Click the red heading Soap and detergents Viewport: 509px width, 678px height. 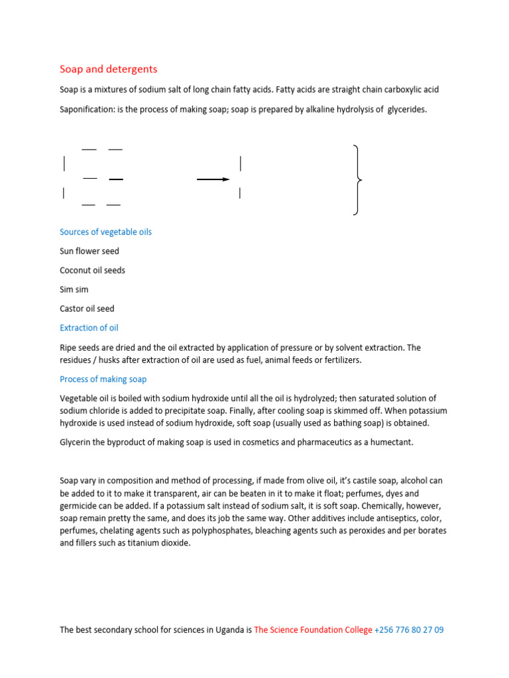click(x=109, y=69)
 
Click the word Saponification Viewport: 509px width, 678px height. click(x=87, y=109)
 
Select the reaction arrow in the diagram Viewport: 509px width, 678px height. click(x=213, y=179)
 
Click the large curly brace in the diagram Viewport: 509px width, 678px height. click(x=358, y=180)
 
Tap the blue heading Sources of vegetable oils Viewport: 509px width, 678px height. click(x=105, y=232)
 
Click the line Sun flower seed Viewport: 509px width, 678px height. click(x=89, y=251)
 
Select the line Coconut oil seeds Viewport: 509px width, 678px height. click(x=92, y=270)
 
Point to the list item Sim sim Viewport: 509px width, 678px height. click(x=74, y=289)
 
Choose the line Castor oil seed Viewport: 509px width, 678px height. click(x=87, y=309)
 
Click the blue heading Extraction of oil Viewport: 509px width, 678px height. click(x=89, y=328)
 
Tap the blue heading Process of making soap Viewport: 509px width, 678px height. click(x=103, y=379)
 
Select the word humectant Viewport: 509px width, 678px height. click(x=391, y=442)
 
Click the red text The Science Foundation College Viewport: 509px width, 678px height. click(x=313, y=630)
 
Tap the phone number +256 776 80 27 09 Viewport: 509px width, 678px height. click(x=409, y=630)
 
